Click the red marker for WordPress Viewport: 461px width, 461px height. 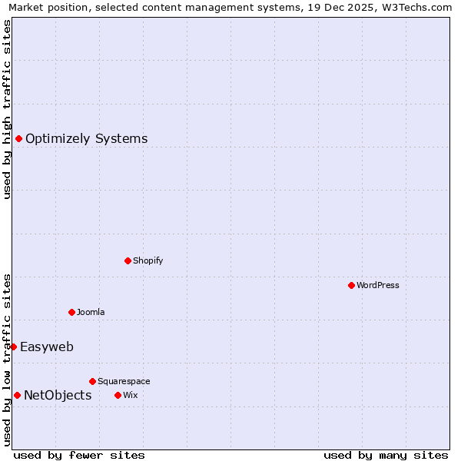[x=351, y=285]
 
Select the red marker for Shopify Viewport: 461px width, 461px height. [x=128, y=260]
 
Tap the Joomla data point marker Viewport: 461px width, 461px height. [x=71, y=312]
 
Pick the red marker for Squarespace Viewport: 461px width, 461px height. [x=92, y=381]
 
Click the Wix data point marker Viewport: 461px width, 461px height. [x=118, y=395]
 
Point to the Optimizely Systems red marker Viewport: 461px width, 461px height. [x=18, y=138]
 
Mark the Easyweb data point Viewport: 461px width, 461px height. [x=13, y=347]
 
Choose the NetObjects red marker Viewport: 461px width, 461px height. [x=17, y=395]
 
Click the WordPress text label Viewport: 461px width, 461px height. [x=378, y=285]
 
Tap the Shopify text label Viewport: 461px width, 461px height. [x=148, y=260]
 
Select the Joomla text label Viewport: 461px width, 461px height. [x=91, y=312]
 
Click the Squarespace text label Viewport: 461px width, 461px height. [x=124, y=381]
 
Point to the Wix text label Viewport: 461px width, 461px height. [x=130, y=395]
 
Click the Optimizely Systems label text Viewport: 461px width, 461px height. [x=86, y=139]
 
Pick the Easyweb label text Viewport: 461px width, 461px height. [x=47, y=347]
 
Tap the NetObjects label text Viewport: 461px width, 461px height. [x=58, y=396]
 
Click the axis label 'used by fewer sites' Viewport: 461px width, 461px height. [x=79, y=455]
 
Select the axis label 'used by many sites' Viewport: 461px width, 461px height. [x=386, y=455]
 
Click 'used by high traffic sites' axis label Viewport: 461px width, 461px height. [x=7, y=109]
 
